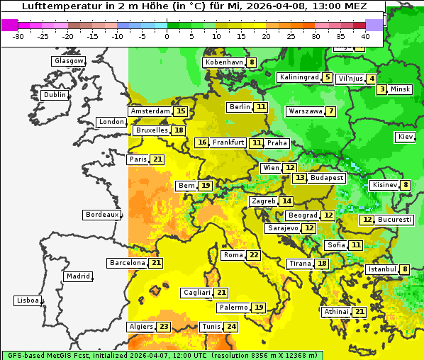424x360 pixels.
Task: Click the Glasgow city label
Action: (x=69, y=61)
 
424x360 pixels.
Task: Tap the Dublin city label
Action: (x=54, y=95)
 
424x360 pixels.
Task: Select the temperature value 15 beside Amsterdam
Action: (x=181, y=111)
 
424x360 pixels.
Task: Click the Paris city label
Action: (x=138, y=159)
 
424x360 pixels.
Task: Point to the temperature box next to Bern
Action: (x=206, y=186)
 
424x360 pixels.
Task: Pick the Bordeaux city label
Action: (x=101, y=215)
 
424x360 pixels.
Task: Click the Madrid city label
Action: (x=77, y=276)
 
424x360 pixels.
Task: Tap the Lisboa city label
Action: (x=27, y=300)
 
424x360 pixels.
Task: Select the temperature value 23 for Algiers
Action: (x=164, y=327)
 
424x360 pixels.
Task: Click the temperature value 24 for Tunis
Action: (x=231, y=327)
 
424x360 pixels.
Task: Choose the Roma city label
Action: (x=233, y=255)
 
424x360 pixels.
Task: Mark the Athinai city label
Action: (x=337, y=312)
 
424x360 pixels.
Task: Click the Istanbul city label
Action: (x=381, y=269)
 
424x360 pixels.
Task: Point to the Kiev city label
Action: (x=406, y=137)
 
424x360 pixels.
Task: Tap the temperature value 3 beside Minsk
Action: (x=382, y=89)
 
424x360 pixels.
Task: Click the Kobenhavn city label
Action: (x=223, y=62)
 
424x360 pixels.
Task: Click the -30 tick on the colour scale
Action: (x=18, y=35)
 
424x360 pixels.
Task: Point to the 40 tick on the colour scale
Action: (x=365, y=35)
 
